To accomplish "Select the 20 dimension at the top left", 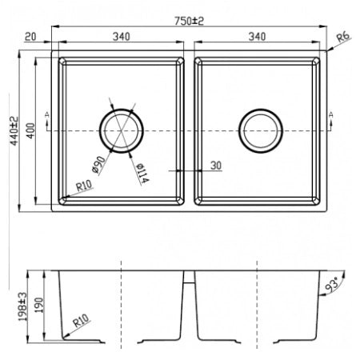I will click(x=31, y=36).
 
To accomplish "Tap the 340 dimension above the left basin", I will click(x=122, y=36).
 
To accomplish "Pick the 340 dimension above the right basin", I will click(x=258, y=36).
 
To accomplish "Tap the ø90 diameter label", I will click(x=99, y=164).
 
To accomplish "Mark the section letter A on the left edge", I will click(x=50, y=116).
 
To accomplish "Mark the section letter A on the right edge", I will click(x=331, y=116).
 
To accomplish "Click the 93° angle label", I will click(x=330, y=284).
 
